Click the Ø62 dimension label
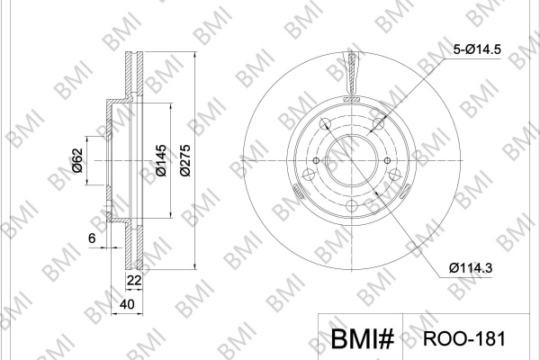[77, 160]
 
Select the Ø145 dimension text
[161, 160]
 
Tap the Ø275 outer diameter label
[184, 160]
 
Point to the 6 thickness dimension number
[92, 238]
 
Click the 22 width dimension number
[134, 281]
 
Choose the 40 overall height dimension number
[127, 304]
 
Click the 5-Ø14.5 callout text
[477, 49]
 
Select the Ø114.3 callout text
[471, 267]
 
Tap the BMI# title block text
[362, 339]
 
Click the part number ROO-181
[464, 338]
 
